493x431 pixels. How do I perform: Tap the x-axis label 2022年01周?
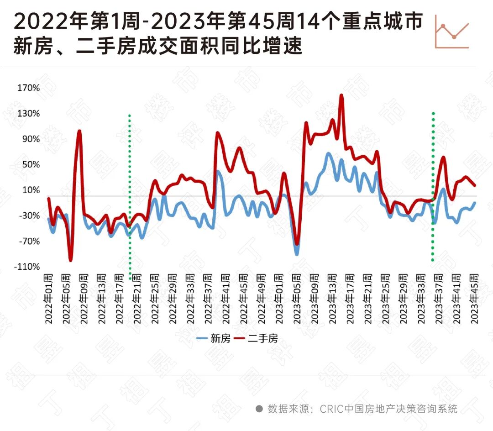coord(48,299)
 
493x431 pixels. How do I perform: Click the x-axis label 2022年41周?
coord(225,299)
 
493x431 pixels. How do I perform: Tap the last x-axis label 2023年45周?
coord(475,299)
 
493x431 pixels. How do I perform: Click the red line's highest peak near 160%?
coord(341,95)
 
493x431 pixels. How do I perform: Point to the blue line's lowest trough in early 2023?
coord(297,254)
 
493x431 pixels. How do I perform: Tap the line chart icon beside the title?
coord(452,34)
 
